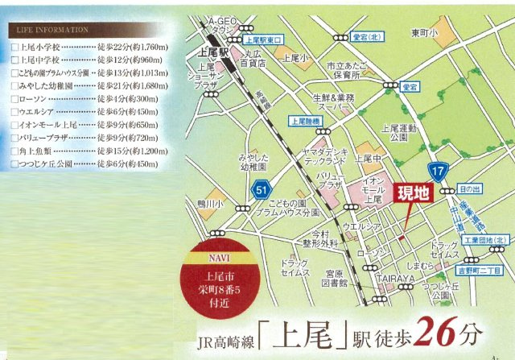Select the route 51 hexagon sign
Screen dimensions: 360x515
[x=260, y=190]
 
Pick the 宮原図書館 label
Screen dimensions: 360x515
[x=331, y=279]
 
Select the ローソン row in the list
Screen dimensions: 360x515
[x=80, y=98]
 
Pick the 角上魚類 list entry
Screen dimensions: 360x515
[x=80, y=150]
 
